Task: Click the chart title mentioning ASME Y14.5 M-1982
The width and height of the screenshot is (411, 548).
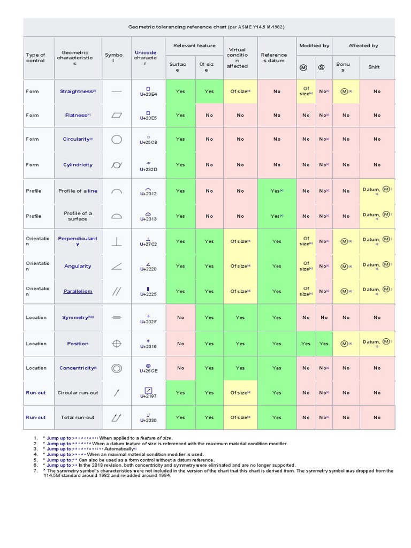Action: click(209, 27)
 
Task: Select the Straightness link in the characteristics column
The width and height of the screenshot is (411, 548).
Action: click(76, 92)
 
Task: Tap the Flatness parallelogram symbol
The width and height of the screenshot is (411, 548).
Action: click(117, 115)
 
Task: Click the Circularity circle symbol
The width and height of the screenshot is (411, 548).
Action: click(117, 140)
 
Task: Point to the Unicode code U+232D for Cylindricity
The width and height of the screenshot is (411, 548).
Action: click(148, 169)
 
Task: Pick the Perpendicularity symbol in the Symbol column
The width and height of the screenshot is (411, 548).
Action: click(117, 241)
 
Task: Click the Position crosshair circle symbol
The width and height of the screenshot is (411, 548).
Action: click(117, 344)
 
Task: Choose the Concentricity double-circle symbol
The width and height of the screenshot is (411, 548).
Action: click(117, 368)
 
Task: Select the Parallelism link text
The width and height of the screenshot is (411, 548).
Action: click(78, 292)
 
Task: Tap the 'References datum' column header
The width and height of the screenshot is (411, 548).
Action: click(273, 58)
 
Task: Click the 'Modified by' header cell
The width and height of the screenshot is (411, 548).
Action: click(314, 46)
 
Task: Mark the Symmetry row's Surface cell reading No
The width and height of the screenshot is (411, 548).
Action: click(180, 317)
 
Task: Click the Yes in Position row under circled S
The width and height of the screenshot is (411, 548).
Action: click(324, 344)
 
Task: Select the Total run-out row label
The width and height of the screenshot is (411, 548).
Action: click(78, 417)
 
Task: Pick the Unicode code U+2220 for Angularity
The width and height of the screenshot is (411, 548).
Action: click(148, 269)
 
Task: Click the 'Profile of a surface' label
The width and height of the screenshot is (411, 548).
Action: click(78, 216)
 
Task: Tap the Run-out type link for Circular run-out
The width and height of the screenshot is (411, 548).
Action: click(36, 393)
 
